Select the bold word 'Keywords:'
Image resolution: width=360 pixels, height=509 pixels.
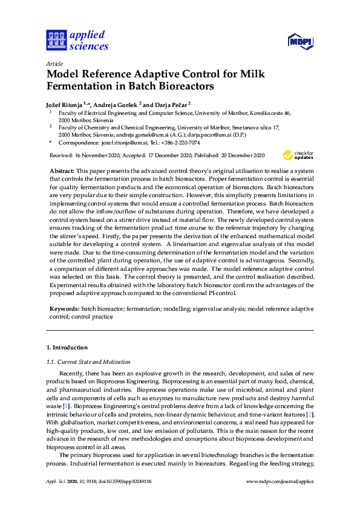[64, 308]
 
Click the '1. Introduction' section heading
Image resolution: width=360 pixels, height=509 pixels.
[67, 348]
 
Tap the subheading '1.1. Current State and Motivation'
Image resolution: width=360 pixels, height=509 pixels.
[88, 362]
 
